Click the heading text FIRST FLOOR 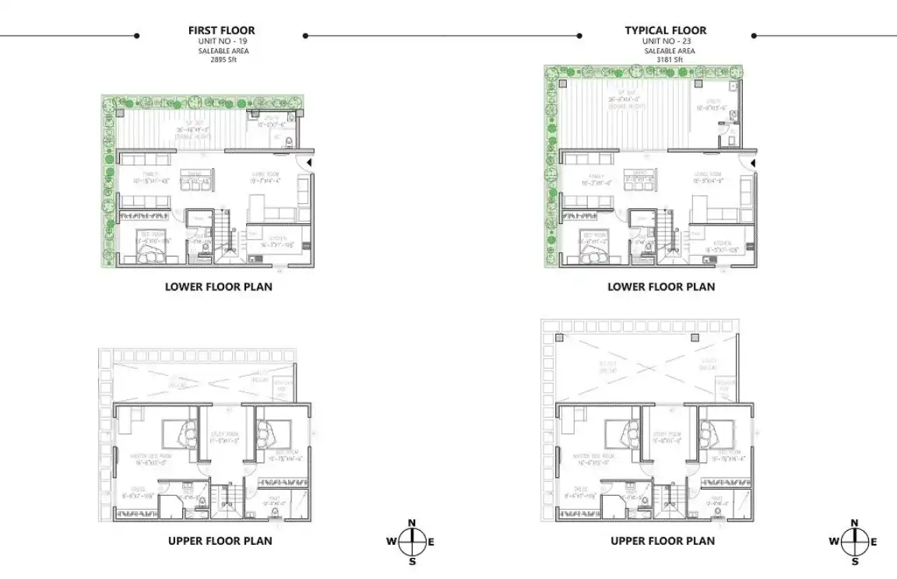click(221, 30)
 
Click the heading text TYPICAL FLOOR click(665, 30)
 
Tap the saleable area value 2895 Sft click(221, 59)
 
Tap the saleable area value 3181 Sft click(665, 59)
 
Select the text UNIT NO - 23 click(665, 40)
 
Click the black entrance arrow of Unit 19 click(309, 162)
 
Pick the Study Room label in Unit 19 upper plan click(224, 435)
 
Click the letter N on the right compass click(854, 523)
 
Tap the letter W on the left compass click(392, 542)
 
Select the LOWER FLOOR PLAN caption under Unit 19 click(218, 286)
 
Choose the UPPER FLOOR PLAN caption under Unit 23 click(662, 541)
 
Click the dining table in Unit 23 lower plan click(640, 180)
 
